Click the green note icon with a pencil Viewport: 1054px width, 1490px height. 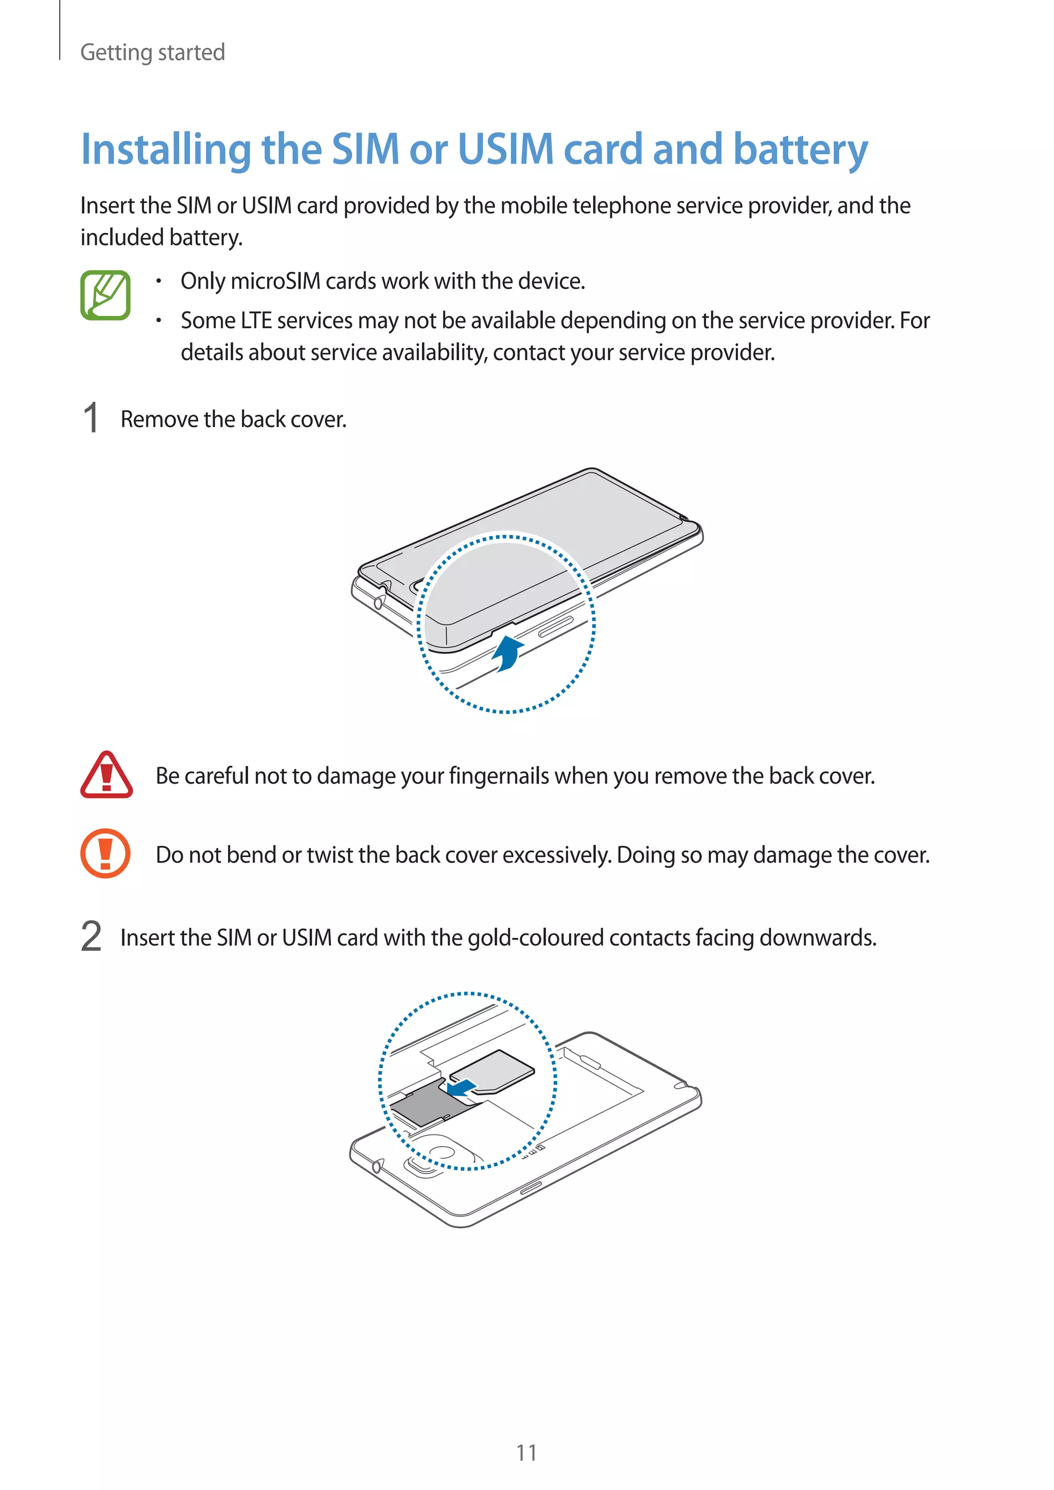coord(105,295)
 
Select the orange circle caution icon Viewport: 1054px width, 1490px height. coord(105,854)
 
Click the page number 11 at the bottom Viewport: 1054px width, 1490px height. coord(526,1452)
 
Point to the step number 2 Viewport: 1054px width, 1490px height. coord(92,936)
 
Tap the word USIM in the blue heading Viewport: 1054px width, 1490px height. coord(505,149)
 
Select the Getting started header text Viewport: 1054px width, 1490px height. coord(152,52)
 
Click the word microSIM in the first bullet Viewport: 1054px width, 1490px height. coord(275,281)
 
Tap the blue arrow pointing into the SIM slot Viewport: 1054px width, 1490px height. coord(462,1087)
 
